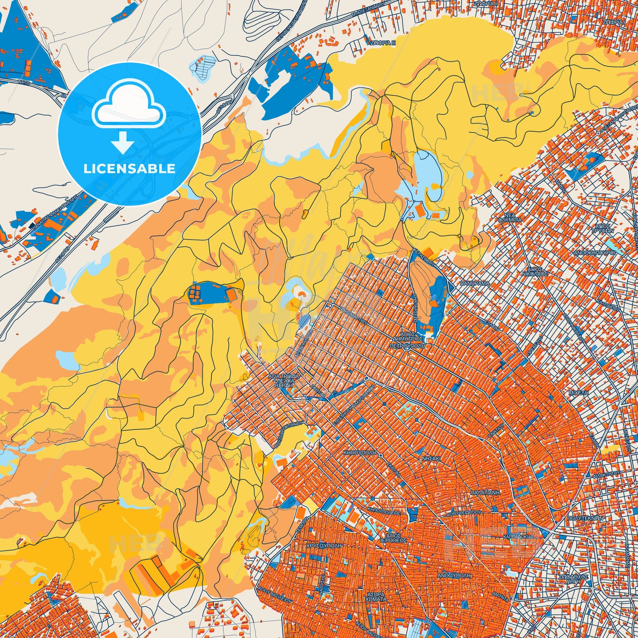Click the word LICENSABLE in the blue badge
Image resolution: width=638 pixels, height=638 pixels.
click(130, 169)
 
